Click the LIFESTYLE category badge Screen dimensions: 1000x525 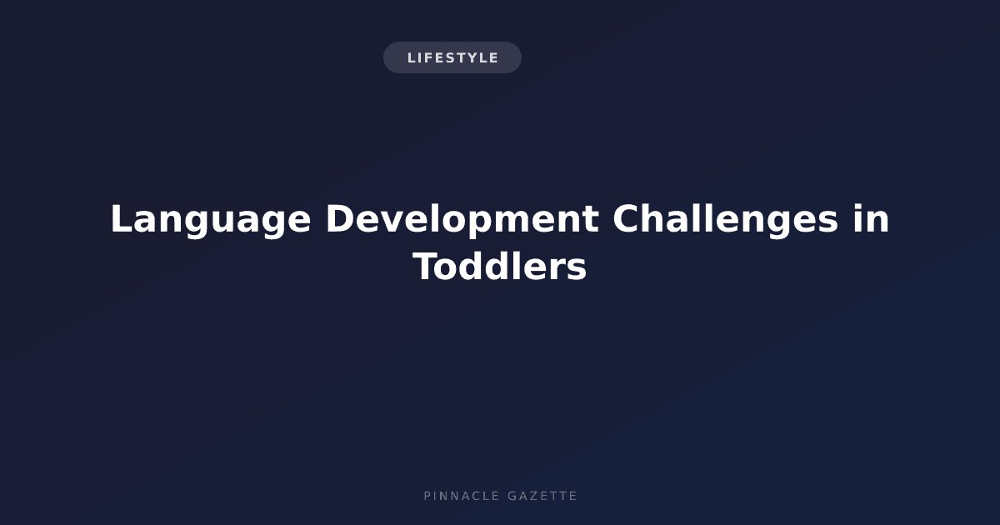[452, 57]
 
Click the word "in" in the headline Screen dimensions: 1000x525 [872, 218]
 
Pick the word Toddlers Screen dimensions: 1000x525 [499, 267]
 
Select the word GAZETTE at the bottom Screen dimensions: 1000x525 [542, 496]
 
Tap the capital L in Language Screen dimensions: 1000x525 [122, 218]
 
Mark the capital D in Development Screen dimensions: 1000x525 [340, 218]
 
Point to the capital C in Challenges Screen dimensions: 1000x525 [626, 218]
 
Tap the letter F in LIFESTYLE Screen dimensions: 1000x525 [426, 58]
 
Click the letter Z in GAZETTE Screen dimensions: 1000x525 [532, 496]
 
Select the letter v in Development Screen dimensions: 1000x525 [396, 222]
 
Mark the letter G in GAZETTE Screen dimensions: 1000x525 [512, 496]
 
